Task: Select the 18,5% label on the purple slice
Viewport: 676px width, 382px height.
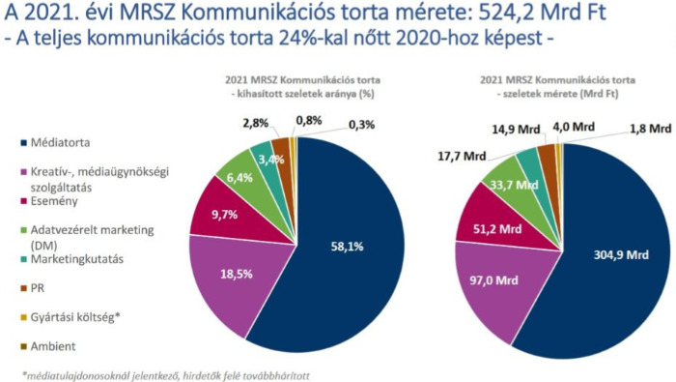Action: click(x=236, y=276)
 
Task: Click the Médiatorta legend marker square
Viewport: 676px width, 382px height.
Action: click(x=22, y=143)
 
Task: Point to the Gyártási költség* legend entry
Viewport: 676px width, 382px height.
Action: click(x=84, y=317)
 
